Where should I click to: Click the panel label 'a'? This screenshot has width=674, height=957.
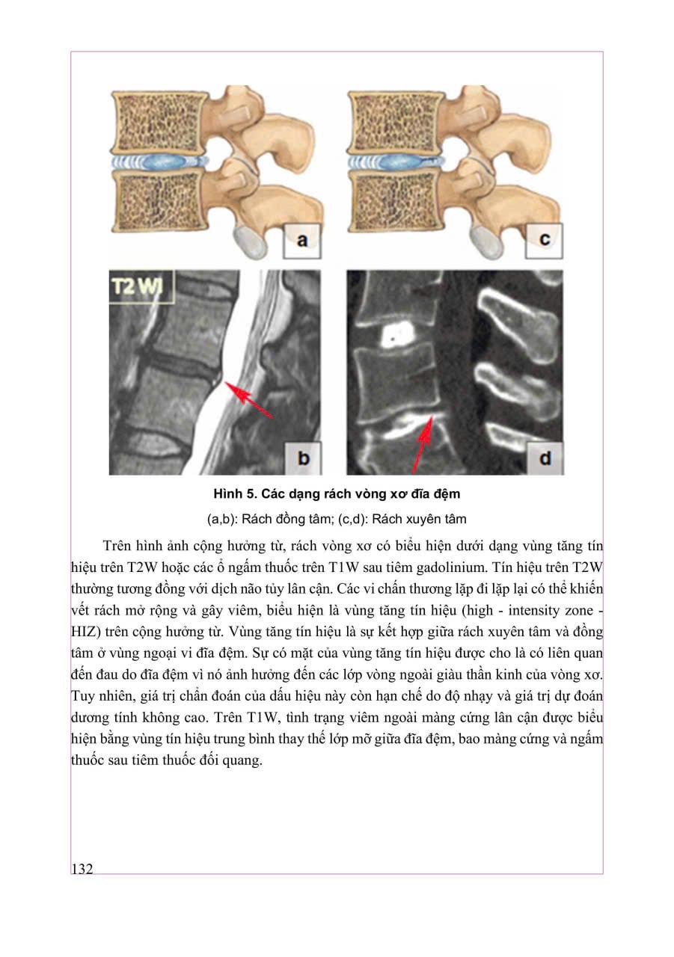pyautogui.click(x=302, y=240)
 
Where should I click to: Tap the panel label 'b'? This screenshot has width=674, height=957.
pyautogui.click(x=303, y=457)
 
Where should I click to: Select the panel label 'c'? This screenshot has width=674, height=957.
pyautogui.click(x=545, y=240)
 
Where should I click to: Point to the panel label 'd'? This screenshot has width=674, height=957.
pyautogui.click(x=545, y=457)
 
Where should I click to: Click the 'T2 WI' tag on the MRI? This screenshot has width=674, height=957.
pyautogui.click(x=141, y=287)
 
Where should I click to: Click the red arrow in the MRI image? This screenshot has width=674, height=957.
pyautogui.click(x=248, y=401)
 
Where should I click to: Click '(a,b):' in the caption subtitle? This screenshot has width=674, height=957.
pyautogui.click(x=224, y=519)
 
